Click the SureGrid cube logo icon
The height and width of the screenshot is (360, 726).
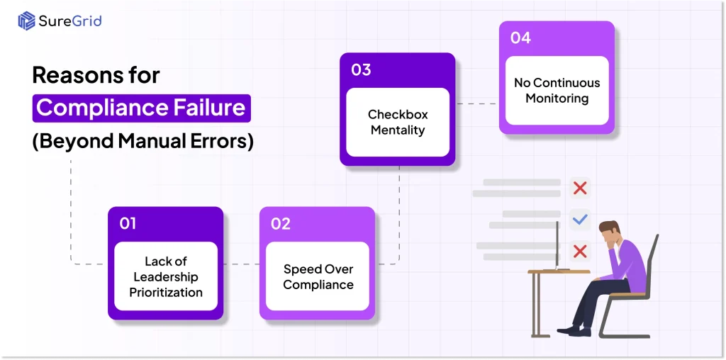click(x=27, y=21)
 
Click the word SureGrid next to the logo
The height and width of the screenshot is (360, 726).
click(x=70, y=21)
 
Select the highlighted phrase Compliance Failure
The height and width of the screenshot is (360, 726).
click(x=141, y=108)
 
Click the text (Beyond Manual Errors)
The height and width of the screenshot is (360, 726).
click(x=143, y=141)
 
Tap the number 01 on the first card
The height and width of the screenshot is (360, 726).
click(x=128, y=224)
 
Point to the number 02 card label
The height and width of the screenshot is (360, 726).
click(x=281, y=224)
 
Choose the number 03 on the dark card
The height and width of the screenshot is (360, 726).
click(x=361, y=69)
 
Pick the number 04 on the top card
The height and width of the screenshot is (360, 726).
click(x=520, y=38)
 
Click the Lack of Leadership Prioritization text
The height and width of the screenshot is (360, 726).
click(x=166, y=277)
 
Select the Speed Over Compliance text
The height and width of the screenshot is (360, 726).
click(x=318, y=277)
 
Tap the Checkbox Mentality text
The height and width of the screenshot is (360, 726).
click(x=398, y=123)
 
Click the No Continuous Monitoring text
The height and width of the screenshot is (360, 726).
click(x=557, y=91)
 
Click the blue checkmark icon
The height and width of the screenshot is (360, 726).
click(x=580, y=220)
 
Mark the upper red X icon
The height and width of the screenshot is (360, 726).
click(x=580, y=188)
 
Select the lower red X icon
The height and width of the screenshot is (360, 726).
click(x=580, y=251)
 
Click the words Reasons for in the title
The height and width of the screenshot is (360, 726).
click(x=96, y=75)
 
